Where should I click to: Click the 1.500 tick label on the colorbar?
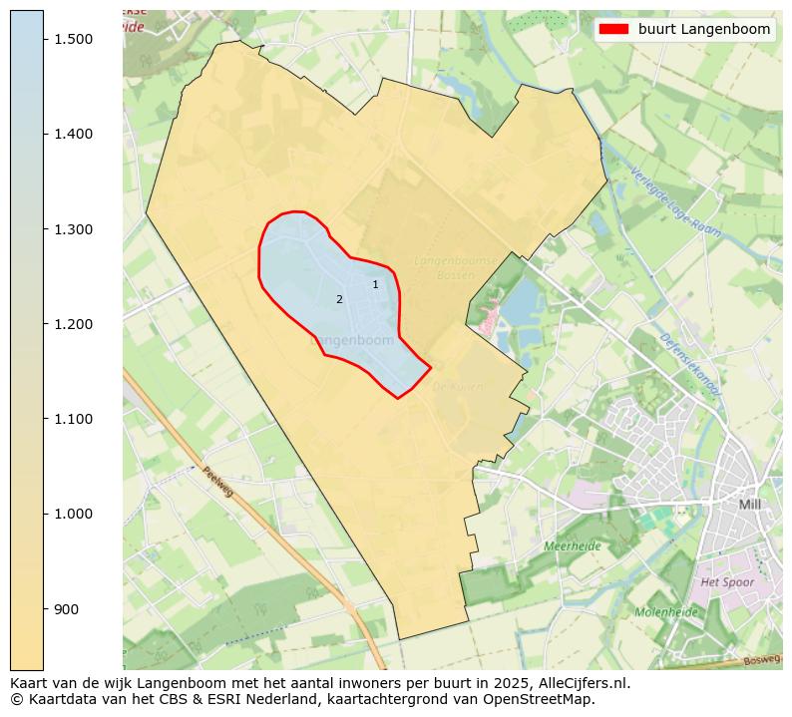pos(73,39)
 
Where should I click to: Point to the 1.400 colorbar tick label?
pos(73,134)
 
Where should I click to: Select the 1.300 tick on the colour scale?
pos(73,229)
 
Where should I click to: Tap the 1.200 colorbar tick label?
pos(73,324)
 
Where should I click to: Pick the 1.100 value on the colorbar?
pos(73,419)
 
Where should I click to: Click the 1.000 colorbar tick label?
pos(73,514)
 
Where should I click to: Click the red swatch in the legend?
pos(613,29)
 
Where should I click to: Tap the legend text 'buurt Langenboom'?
pos(704,29)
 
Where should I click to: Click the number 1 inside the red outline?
pos(375,284)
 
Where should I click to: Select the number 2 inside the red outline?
pos(339,299)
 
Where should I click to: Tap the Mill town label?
pos(749,505)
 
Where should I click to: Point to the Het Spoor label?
pos(727,581)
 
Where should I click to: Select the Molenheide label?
pos(665,611)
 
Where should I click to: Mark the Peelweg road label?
pos(217,486)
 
